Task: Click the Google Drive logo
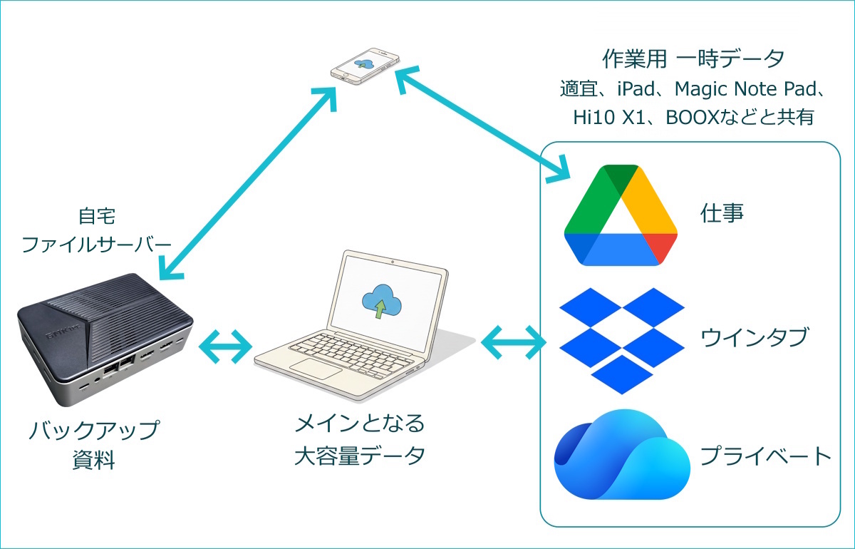click(x=621, y=216)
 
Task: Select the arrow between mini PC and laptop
click(x=226, y=346)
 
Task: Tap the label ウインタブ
click(x=754, y=336)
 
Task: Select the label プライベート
click(x=765, y=455)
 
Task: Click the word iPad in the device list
click(x=639, y=90)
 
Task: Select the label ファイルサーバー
click(x=96, y=244)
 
